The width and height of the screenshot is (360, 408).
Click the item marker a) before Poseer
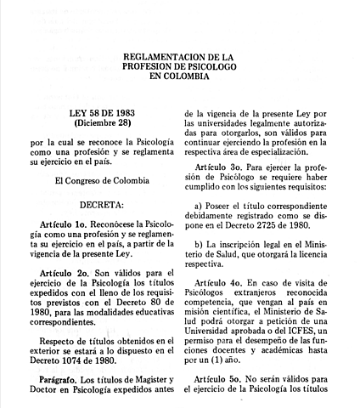(x=200, y=205)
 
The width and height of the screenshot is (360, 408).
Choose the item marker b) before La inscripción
(x=200, y=244)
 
